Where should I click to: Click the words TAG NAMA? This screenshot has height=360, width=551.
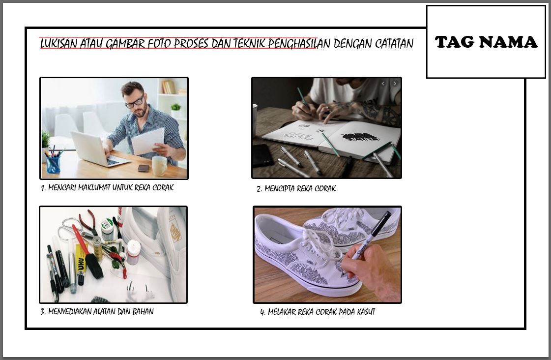click(x=486, y=42)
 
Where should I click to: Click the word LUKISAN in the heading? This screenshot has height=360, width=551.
click(x=58, y=44)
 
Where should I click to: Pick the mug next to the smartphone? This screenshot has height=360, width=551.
click(x=159, y=166)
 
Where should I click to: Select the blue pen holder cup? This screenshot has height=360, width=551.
click(x=54, y=164)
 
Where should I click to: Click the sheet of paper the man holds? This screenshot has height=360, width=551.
click(x=148, y=141)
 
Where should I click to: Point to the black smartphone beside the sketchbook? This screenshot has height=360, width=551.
click(x=262, y=156)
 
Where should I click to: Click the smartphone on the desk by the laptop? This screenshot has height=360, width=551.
click(x=144, y=168)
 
